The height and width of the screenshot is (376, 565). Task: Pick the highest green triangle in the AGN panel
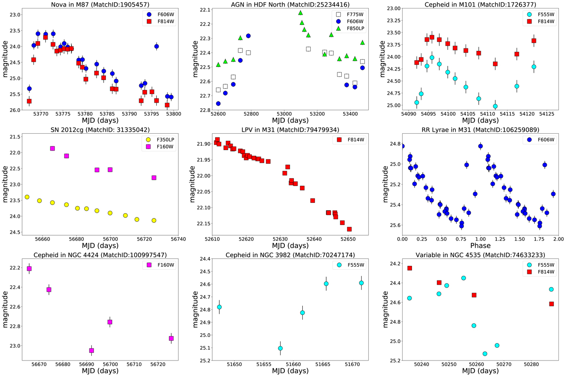[x=300, y=13]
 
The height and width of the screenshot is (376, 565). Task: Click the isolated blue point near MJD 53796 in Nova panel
[x=156, y=46]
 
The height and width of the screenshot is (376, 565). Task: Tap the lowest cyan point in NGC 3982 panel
[x=280, y=348]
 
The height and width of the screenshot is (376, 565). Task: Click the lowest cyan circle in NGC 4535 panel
[x=485, y=353]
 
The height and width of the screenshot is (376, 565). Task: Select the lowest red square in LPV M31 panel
[x=349, y=229]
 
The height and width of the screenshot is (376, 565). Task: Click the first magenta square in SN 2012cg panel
[x=52, y=148]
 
